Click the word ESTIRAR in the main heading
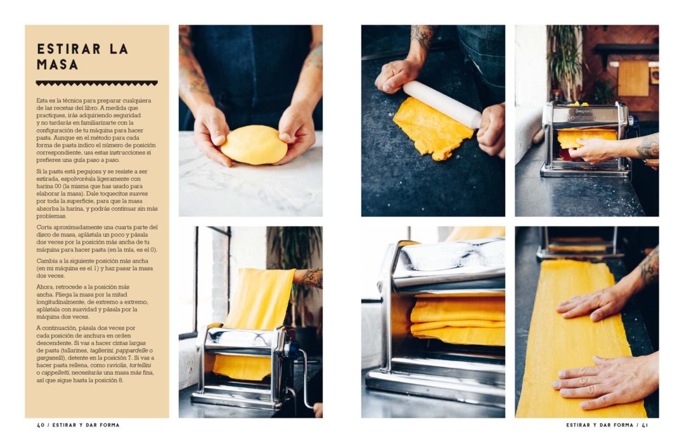(x=69, y=49)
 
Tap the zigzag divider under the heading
(x=97, y=83)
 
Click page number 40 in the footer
(x=41, y=425)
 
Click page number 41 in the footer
(x=645, y=425)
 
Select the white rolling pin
(x=441, y=104)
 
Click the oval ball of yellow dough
(x=254, y=145)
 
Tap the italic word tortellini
(x=141, y=365)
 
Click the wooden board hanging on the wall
(x=633, y=78)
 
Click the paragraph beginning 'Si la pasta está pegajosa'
(x=97, y=194)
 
